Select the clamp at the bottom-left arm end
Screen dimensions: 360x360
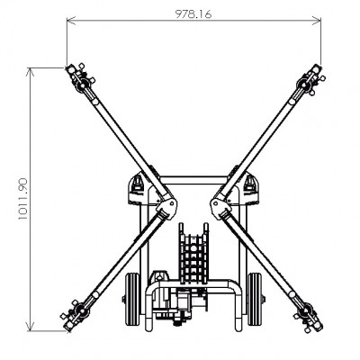click(x=78, y=315)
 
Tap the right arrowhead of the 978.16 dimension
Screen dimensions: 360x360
click(x=318, y=23)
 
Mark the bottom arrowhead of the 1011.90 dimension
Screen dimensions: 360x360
click(x=30, y=329)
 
